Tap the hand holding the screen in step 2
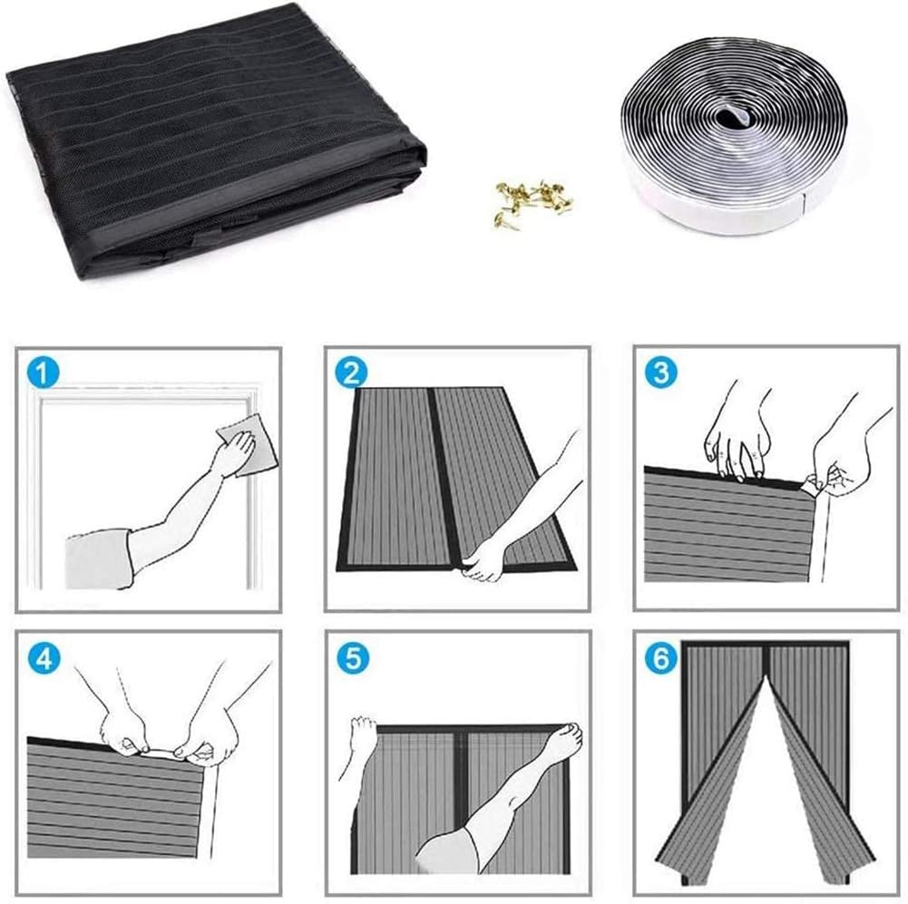coord(484,559)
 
